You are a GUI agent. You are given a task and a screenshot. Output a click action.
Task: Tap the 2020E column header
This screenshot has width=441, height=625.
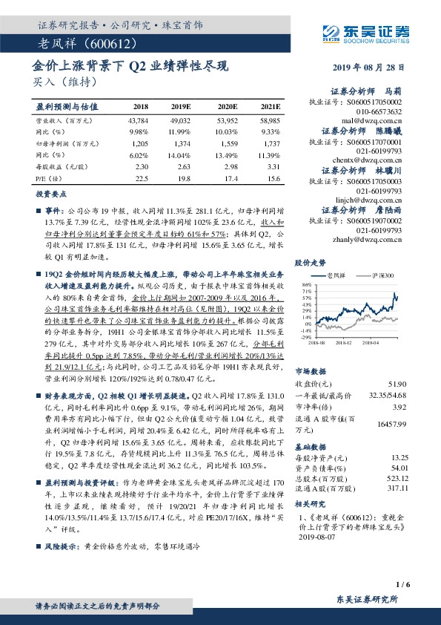coord(225,107)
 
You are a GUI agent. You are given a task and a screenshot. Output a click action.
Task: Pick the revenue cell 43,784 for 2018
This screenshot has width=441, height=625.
coord(139,120)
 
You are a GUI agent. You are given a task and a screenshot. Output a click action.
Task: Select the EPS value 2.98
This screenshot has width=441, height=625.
coord(227,167)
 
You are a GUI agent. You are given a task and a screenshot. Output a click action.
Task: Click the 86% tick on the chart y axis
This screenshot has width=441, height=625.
coord(305,284)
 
